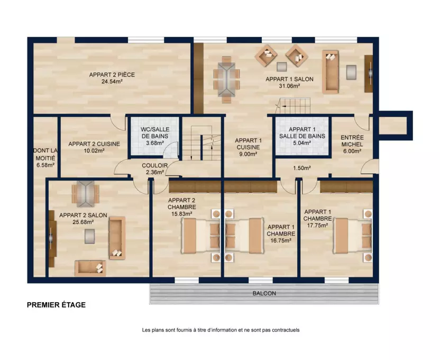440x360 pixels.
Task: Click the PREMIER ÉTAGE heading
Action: tap(56, 305)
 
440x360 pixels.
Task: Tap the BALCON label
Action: tap(264, 293)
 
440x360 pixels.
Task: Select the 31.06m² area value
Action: tap(290, 86)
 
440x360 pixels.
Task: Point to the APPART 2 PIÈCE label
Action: tap(112, 75)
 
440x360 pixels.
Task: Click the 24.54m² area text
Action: tap(112, 82)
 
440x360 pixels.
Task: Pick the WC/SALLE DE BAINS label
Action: tap(155, 133)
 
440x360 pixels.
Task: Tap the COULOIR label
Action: tap(154, 165)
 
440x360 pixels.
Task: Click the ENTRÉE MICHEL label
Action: tap(352, 141)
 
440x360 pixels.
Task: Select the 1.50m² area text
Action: tap(302, 168)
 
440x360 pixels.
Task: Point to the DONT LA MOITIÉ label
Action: tap(45, 155)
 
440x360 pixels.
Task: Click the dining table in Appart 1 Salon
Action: tap(226, 79)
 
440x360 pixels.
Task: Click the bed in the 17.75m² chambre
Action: tap(352, 236)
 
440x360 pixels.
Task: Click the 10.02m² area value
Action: tap(94, 151)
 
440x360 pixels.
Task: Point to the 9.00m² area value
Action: tap(249, 154)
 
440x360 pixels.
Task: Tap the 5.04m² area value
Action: tap(302, 143)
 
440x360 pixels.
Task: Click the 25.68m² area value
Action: tap(83, 222)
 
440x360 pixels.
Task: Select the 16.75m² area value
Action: tap(281, 240)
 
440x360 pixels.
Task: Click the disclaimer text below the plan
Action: tap(221, 330)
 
